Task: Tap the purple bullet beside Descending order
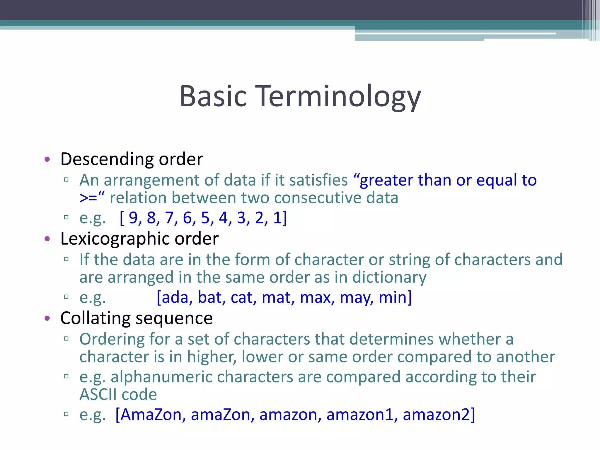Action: coord(47,160)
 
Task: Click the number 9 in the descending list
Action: coord(133,218)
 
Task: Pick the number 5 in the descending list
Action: coord(205,218)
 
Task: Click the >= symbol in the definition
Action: coord(88,198)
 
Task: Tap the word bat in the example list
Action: coord(210,298)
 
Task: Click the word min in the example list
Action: coord(393,298)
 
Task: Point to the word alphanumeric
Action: coord(161,377)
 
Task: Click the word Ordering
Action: coord(112,340)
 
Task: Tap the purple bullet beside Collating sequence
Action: coord(47,318)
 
